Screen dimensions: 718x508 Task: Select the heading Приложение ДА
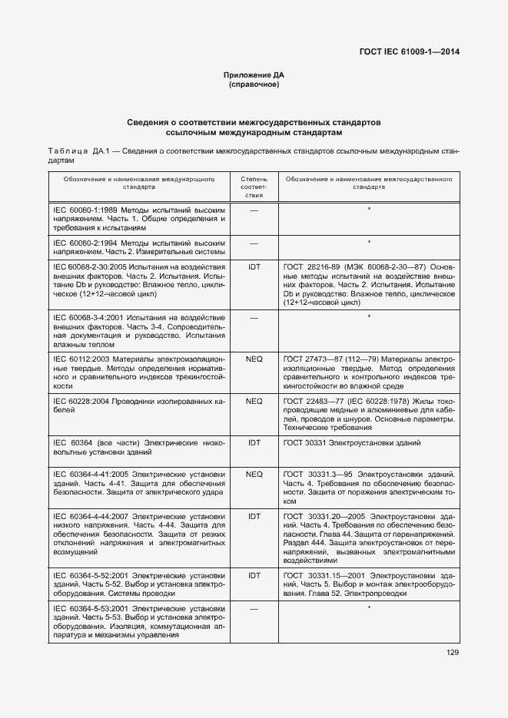(x=254, y=75)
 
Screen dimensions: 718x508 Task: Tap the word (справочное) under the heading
(x=254, y=84)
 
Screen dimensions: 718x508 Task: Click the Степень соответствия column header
(x=254, y=186)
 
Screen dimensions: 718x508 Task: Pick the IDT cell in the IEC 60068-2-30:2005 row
(x=254, y=266)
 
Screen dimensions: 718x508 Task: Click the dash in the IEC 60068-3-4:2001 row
(x=254, y=317)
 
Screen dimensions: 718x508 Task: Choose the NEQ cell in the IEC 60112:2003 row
(x=254, y=359)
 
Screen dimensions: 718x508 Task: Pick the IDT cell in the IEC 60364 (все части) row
(x=254, y=443)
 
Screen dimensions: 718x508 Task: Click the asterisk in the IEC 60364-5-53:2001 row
(x=369, y=609)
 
